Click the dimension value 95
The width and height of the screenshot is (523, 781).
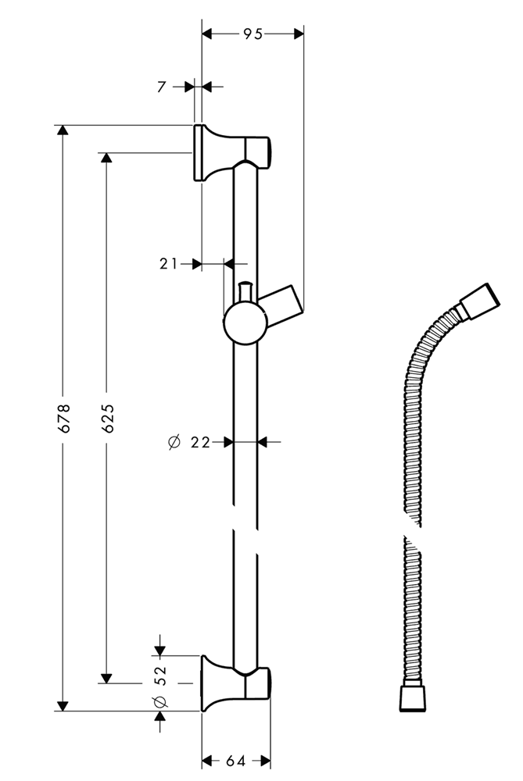[253, 34]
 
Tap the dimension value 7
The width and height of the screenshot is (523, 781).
[161, 87]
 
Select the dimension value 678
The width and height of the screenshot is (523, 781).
[64, 418]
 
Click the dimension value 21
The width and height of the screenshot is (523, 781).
[168, 263]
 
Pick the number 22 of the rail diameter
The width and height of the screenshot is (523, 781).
[200, 442]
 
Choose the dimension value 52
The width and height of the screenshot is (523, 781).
[160, 676]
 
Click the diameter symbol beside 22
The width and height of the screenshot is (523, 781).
[174, 442]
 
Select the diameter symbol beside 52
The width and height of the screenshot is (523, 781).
[160, 701]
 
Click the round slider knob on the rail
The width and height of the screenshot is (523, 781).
[245, 323]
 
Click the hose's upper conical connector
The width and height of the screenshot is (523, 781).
[478, 302]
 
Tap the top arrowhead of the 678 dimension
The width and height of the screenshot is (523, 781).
[63, 130]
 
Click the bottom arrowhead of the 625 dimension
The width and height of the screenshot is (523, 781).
[106, 678]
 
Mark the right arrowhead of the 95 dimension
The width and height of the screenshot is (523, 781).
[298, 34]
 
